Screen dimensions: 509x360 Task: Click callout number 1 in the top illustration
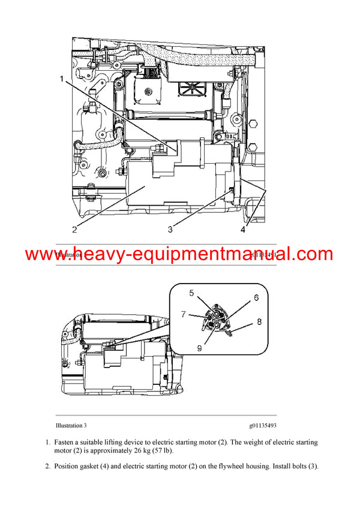[62, 78]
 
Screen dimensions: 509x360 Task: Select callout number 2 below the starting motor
[74, 228]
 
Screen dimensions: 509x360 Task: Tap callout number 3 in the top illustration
[170, 228]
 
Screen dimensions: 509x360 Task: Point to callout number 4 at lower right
[243, 228]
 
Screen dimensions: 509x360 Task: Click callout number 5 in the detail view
[192, 293]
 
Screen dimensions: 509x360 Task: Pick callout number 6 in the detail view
[256, 297]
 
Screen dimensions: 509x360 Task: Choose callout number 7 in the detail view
[185, 313]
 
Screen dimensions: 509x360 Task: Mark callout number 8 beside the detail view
[260, 321]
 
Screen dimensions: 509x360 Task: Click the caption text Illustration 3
[71, 426]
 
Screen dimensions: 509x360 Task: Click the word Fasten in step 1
[66, 442]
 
